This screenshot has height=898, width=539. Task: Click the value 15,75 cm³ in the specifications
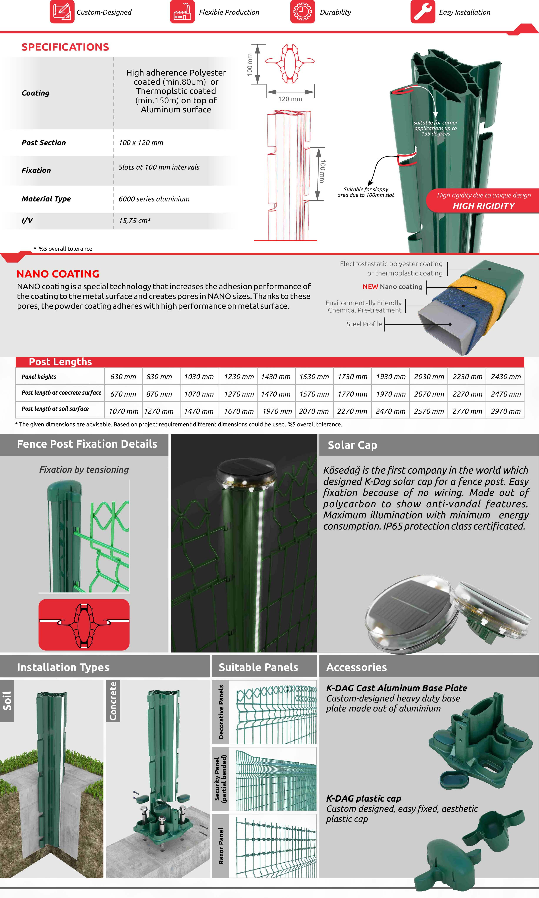134,221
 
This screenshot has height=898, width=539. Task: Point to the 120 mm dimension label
290,99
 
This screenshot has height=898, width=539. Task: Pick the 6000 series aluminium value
154,199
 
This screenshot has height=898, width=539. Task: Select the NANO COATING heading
58,274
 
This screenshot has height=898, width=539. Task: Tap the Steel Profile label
364,324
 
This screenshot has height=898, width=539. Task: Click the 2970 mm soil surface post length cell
505,411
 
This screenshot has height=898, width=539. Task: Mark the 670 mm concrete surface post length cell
123,394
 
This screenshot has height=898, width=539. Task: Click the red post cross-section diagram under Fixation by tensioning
84,625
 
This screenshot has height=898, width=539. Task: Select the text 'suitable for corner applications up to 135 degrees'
436,128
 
